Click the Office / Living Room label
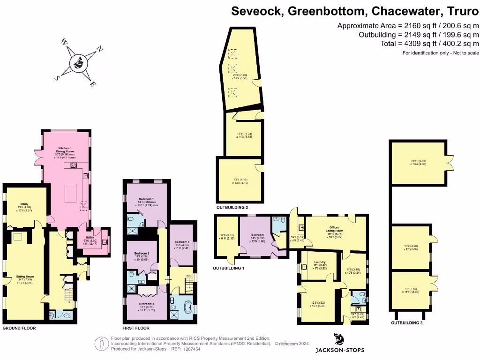(335, 230)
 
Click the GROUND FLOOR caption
(19, 328)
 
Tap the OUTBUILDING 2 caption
(232, 207)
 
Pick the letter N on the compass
(99, 49)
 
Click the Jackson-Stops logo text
(339, 350)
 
